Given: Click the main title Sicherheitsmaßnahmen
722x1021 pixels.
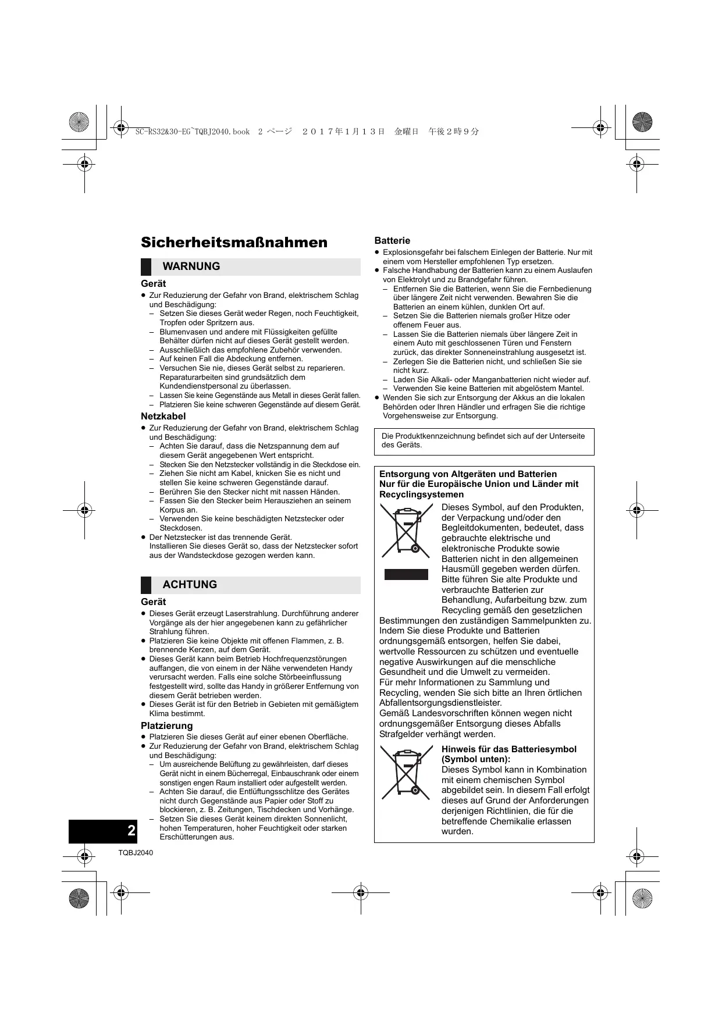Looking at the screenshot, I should [x=234, y=243].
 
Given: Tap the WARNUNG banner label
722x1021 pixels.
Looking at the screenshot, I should [x=191, y=266].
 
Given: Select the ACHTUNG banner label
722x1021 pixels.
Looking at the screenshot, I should [x=190, y=585].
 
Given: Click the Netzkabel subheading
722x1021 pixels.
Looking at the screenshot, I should [x=163, y=416].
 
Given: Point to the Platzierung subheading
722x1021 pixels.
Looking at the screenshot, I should [x=166, y=725].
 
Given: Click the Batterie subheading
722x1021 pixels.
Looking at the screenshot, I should [x=392, y=240].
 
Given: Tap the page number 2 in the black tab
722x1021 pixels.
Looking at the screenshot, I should [x=131, y=830].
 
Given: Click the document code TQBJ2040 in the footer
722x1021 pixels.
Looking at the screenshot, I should [x=136, y=853].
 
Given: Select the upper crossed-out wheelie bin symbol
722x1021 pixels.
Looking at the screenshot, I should [x=407, y=531].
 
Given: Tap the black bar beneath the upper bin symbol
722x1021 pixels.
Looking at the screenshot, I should [x=406, y=575].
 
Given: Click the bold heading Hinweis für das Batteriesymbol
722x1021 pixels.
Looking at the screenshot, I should [x=509, y=749].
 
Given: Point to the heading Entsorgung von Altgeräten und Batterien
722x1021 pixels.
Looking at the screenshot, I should [x=468, y=474].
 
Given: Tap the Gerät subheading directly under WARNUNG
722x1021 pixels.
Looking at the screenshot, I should [x=154, y=283].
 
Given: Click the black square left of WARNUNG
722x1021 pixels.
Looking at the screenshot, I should [x=146, y=267].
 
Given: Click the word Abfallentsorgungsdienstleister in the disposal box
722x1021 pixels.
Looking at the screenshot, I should [x=440, y=703].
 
